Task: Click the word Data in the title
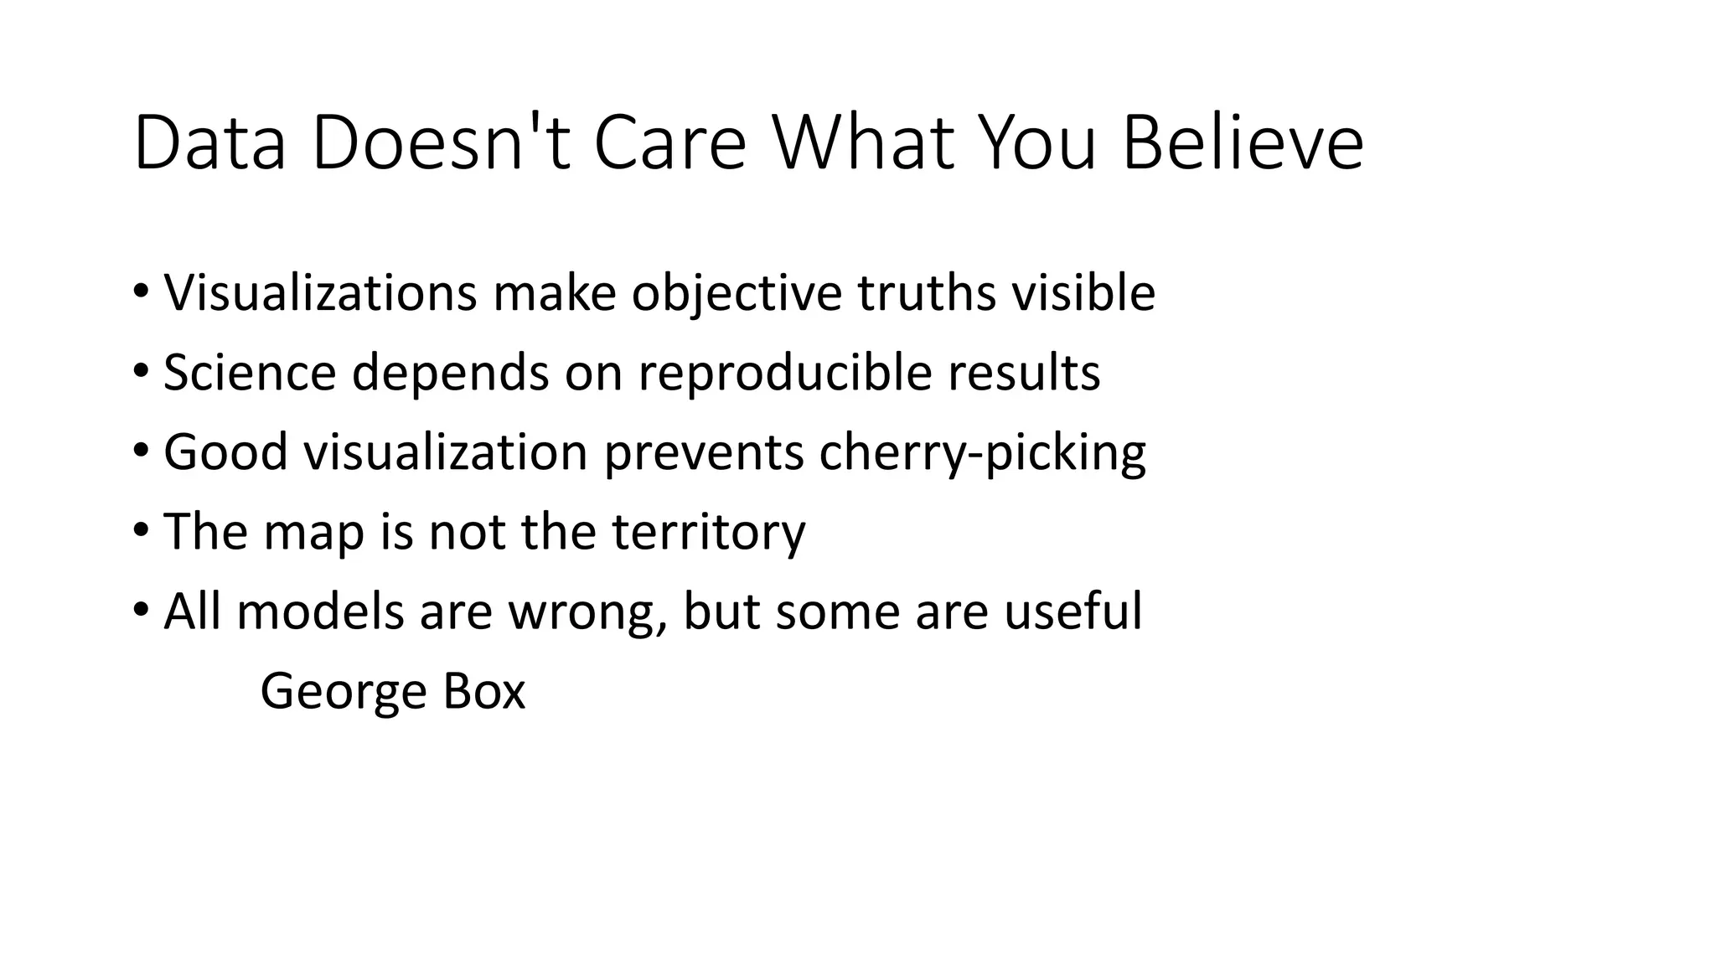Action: [x=209, y=145]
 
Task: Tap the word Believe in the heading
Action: [x=1243, y=145]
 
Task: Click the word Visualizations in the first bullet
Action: [x=320, y=293]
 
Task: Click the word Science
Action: [x=250, y=373]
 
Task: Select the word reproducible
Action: [x=785, y=373]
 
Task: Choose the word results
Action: [x=1024, y=373]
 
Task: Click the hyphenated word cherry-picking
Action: [x=982, y=452]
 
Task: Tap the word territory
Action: [x=708, y=532]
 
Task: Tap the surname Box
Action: [x=483, y=692]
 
